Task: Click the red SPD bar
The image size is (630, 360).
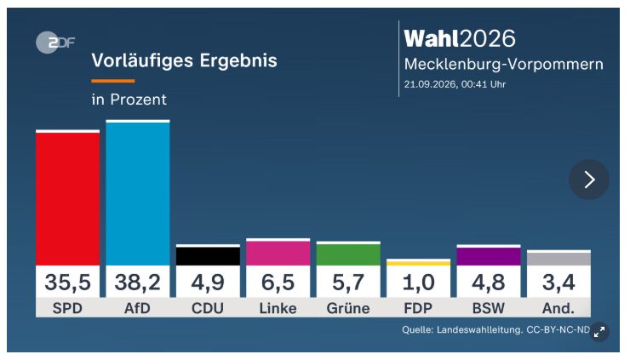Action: [67, 199]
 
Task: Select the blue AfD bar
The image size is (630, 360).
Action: [138, 194]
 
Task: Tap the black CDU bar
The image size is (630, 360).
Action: [208, 256]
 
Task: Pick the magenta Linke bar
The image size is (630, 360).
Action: [278, 253]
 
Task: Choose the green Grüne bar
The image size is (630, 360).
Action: [348, 254]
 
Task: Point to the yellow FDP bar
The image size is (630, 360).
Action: [418, 264]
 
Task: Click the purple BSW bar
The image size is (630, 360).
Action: [489, 256]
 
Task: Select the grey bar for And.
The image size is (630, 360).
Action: [558, 259]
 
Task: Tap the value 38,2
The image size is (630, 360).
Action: [138, 282]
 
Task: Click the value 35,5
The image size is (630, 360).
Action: [67, 282]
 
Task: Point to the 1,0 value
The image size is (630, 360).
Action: [418, 282]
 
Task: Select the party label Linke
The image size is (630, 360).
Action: [278, 308]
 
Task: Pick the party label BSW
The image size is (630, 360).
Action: [489, 308]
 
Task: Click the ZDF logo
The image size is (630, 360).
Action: [55, 43]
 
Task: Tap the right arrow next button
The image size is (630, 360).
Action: [589, 180]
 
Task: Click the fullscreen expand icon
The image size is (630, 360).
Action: [599, 332]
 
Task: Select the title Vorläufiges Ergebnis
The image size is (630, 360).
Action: [185, 61]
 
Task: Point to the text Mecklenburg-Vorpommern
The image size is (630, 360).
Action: [504, 65]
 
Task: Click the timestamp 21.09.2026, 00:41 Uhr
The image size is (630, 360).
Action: [455, 84]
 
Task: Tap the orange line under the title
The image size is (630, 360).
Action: [113, 81]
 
